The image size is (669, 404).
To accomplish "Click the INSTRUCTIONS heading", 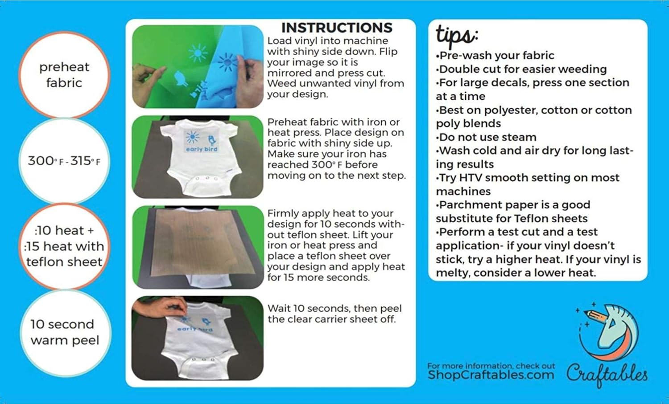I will (337, 28).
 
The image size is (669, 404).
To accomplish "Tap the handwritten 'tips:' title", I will (456, 35).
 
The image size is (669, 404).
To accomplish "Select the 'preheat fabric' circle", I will (64, 74).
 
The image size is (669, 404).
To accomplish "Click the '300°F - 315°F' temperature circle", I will (64, 161).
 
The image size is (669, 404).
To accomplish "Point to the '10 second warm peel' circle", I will (65, 332).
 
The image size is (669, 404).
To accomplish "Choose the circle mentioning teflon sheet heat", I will (64, 246).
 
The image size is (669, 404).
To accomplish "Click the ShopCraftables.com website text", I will (491, 375).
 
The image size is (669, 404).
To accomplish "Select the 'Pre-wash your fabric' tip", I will (495, 56).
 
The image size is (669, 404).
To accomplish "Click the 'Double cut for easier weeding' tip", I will (521, 69).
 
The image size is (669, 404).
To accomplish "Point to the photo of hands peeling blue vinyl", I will (198, 66).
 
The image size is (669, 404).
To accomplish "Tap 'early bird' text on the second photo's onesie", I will (202, 149).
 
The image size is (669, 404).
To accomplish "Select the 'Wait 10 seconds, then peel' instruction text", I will (334, 314).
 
